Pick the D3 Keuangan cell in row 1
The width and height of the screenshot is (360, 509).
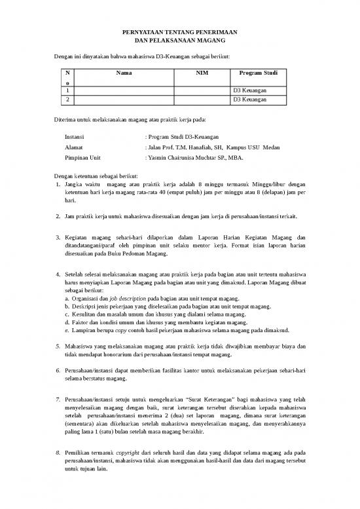(x=250, y=90)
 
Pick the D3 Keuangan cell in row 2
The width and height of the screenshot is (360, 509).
(x=250, y=100)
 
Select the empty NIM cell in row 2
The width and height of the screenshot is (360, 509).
(x=202, y=100)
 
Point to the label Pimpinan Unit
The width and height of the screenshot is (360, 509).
(x=83, y=159)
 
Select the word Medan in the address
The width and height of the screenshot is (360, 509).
(x=270, y=148)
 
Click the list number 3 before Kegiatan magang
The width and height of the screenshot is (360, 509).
(x=59, y=236)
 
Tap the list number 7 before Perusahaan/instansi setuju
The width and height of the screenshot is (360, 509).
(x=59, y=381)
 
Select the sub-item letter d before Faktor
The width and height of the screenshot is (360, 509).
(x=67, y=322)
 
